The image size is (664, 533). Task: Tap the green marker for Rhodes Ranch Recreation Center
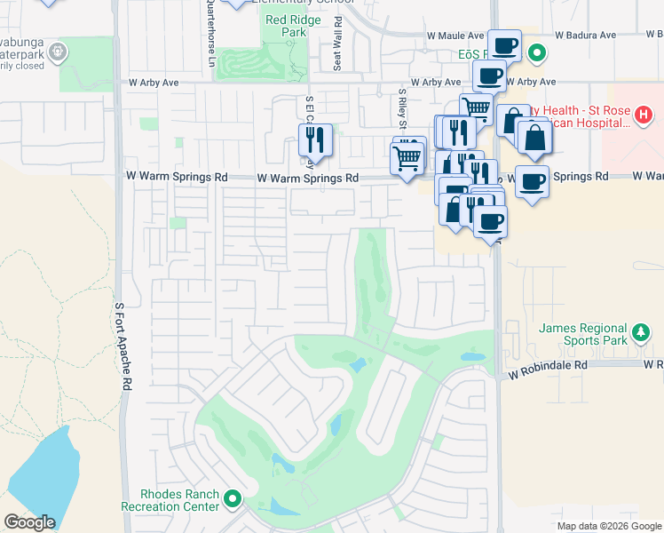tap(233, 500)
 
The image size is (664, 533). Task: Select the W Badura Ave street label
tap(585, 36)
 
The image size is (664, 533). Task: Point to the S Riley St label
tap(402, 107)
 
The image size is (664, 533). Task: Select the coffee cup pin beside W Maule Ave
tap(504, 44)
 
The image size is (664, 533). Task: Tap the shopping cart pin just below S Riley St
tap(407, 159)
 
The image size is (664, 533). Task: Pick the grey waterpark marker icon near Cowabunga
tap(58, 52)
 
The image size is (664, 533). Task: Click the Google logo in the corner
tap(29, 522)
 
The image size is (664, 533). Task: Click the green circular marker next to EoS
tap(536, 55)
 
